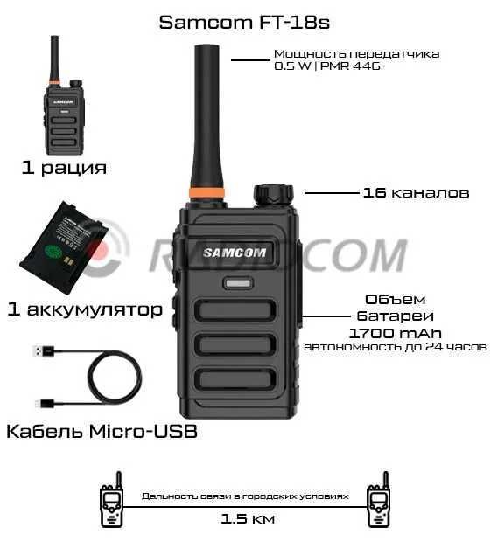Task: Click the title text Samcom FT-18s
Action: click(244, 24)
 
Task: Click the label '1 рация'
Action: click(64, 168)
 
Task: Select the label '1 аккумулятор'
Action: click(84, 309)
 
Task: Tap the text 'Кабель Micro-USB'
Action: click(101, 431)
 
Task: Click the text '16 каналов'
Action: click(415, 192)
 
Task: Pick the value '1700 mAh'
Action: click(395, 333)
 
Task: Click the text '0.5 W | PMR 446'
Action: click(327, 66)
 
